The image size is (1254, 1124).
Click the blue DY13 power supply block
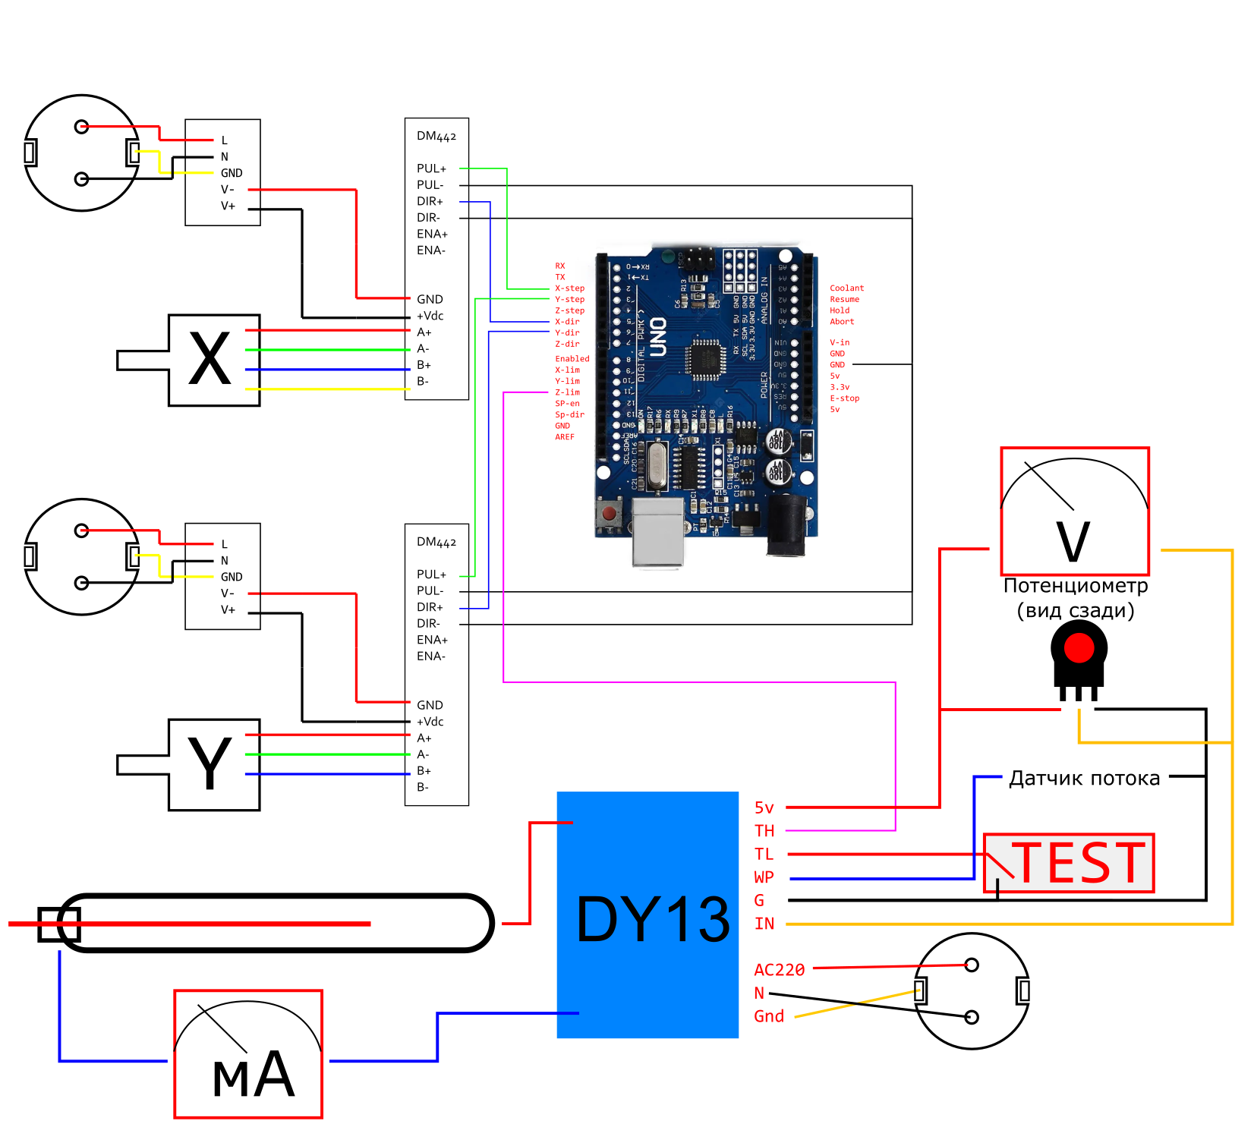[647, 915]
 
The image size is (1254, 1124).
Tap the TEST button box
[1069, 863]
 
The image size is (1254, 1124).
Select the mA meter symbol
[248, 1054]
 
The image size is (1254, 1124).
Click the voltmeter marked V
[1075, 512]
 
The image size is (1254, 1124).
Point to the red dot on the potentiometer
[1079, 648]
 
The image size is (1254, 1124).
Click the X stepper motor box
[214, 360]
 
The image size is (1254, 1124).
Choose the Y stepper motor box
[214, 765]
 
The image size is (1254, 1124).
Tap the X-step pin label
[569, 288]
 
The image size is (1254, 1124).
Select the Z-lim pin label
[567, 392]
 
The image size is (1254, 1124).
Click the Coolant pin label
[846, 288]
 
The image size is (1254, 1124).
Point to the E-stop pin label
[844, 398]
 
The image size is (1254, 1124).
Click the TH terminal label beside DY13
[764, 831]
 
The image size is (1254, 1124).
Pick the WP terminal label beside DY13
[764, 878]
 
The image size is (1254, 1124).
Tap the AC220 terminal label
[779, 970]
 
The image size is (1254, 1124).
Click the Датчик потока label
[1084, 779]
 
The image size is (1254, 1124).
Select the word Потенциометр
[1076, 586]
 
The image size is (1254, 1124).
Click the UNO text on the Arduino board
[657, 338]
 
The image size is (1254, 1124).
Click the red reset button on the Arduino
[609, 515]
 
